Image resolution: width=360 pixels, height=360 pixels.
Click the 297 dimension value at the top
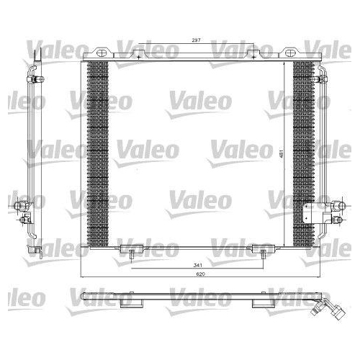coord(196,41)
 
